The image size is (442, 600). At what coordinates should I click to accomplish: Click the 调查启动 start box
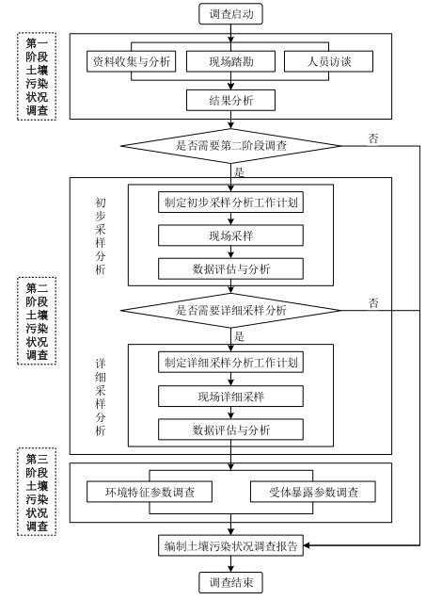pos(230,14)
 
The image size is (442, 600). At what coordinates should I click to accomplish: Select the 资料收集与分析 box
pos(131,61)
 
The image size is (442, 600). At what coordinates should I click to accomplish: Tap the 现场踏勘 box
pos(230,61)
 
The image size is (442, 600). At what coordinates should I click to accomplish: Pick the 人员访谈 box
pos(328,61)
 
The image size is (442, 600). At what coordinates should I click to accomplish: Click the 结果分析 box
pos(230,100)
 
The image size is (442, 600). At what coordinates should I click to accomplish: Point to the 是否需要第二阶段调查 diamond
pos(230,146)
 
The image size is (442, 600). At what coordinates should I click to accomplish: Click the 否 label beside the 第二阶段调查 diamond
pos(373,138)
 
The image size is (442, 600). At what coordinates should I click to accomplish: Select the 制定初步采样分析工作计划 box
pos(230,202)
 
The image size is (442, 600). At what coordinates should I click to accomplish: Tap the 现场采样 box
pos(230,235)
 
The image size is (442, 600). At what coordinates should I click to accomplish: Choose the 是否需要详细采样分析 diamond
pos(230,310)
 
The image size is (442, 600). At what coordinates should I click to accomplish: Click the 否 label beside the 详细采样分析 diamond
pos(373,303)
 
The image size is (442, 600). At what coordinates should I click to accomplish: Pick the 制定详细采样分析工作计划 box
pos(230,362)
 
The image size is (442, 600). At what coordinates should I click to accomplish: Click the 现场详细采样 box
pos(230,396)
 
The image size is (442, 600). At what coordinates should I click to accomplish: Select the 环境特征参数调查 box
pos(150,492)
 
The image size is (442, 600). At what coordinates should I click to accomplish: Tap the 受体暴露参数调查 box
pos(313,492)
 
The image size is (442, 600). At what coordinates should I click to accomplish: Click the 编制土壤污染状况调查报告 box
pos(230,545)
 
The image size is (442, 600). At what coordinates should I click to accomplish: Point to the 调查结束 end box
pos(230,582)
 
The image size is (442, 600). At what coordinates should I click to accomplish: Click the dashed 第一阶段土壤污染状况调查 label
pos(37,76)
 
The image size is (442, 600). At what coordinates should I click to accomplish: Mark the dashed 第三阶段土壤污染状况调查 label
pos(37,492)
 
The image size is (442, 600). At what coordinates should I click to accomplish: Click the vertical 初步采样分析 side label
pos(100,235)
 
